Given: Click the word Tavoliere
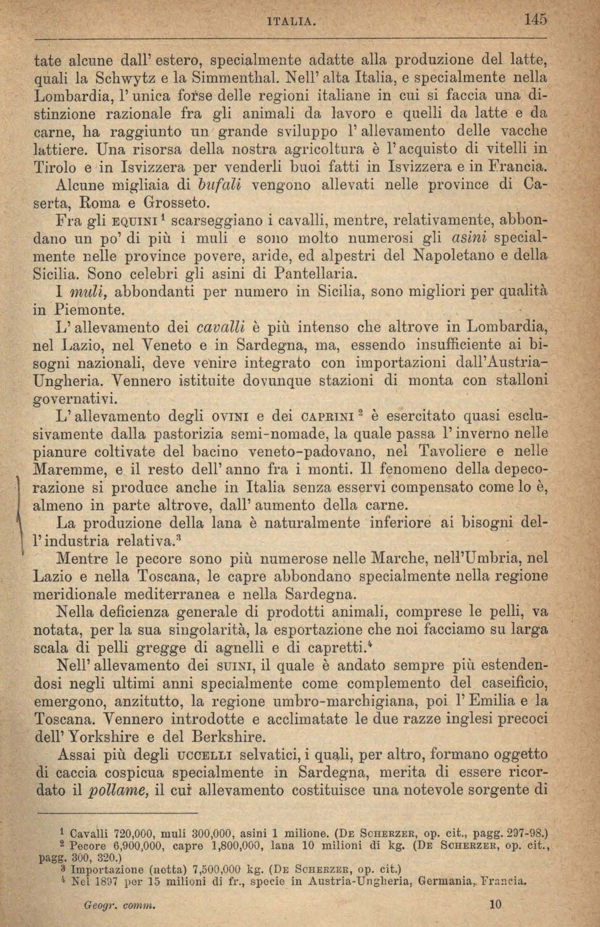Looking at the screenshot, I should pyautogui.click(x=455, y=452).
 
